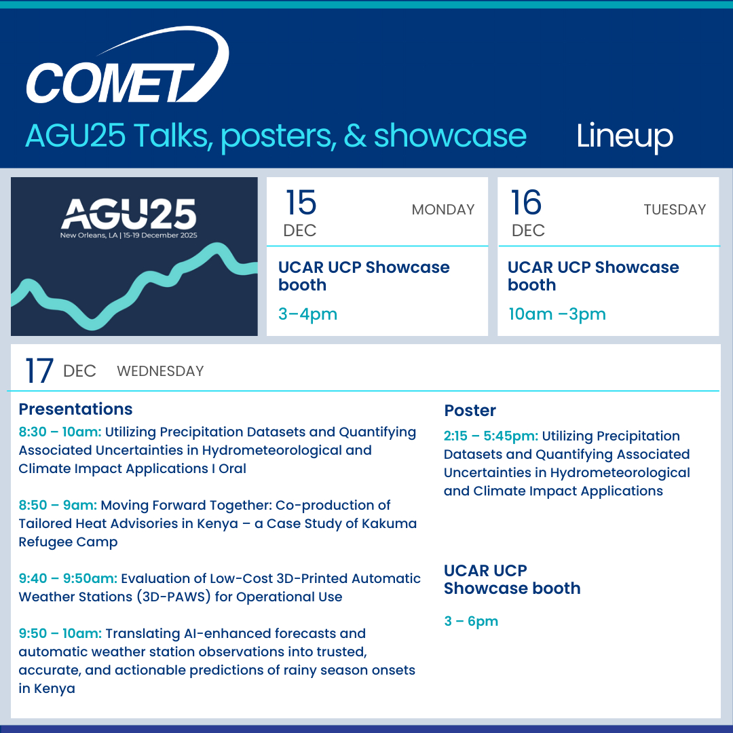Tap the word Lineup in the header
(x=624, y=136)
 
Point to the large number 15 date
(x=301, y=202)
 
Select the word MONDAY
(x=443, y=210)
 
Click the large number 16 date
(x=527, y=202)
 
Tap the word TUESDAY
(x=675, y=210)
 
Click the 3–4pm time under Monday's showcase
(x=307, y=314)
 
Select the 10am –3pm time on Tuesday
(x=557, y=314)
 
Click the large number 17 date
(x=39, y=371)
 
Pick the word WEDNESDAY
(x=160, y=371)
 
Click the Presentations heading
(x=76, y=409)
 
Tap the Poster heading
(x=470, y=411)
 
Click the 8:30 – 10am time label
(x=60, y=432)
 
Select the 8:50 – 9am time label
(x=58, y=506)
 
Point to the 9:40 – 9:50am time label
(x=68, y=579)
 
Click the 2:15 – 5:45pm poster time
(x=491, y=436)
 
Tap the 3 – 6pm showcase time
(x=471, y=621)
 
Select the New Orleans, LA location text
(x=89, y=235)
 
